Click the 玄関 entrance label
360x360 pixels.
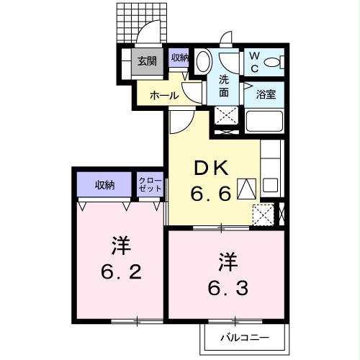coord(147,61)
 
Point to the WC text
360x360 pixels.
coord(255,61)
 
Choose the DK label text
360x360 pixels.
coord(211,168)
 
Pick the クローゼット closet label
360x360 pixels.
coord(150,184)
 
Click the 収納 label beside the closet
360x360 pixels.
coord(105,185)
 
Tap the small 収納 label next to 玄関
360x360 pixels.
coord(179,58)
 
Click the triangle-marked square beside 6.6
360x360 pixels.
coord(246,189)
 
